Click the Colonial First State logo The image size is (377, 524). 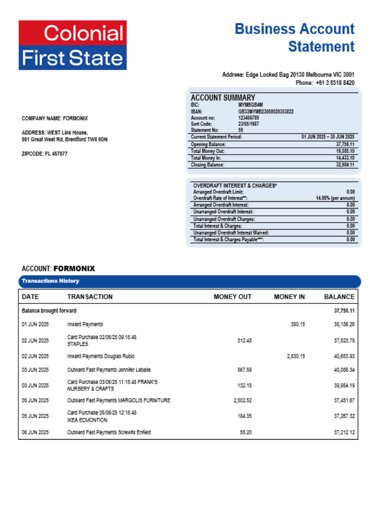click(x=73, y=45)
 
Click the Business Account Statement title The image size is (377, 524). click(x=294, y=37)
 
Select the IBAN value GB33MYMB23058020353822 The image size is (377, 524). click(x=265, y=112)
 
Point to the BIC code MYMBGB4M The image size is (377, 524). click(x=250, y=105)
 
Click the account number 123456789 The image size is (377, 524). click(x=248, y=118)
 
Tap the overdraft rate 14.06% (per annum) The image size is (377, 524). click(x=335, y=199)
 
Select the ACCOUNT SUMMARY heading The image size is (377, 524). click(x=223, y=97)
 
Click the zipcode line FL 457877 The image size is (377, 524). click(x=45, y=154)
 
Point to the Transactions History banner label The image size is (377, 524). click(x=50, y=281)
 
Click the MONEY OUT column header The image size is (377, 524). click(x=232, y=297)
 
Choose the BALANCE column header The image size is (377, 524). click(x=339, y=297)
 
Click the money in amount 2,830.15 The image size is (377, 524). click(x=296, y=356)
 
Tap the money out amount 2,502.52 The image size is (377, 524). click(x=242, y=401)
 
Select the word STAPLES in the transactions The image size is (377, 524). click(x=78, y=344)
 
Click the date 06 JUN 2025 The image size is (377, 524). click(x=35, y=433)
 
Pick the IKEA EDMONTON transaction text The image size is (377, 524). click(x=87, y=420)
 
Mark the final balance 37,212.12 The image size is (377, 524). click(x=344, y=433)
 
